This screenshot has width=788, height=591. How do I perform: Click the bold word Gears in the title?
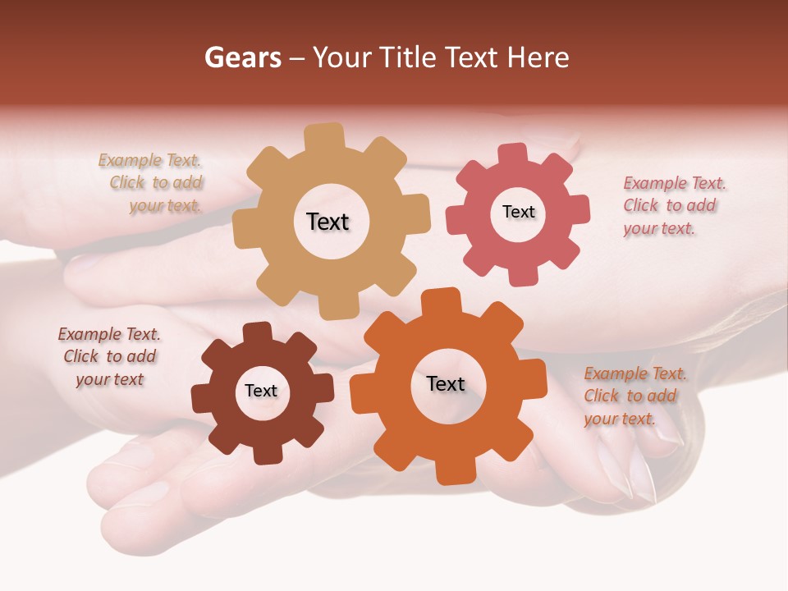click(x=242, y=57)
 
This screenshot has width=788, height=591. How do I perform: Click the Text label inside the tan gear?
click(x=328, y=222)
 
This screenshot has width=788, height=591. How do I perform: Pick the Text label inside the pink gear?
click(x=518, y=212)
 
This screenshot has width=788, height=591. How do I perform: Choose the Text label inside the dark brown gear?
click(x=261, y=391)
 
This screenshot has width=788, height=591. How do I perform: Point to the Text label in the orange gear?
click(x=446, y=383)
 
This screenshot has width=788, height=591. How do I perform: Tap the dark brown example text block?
click(x=109, y=356)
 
